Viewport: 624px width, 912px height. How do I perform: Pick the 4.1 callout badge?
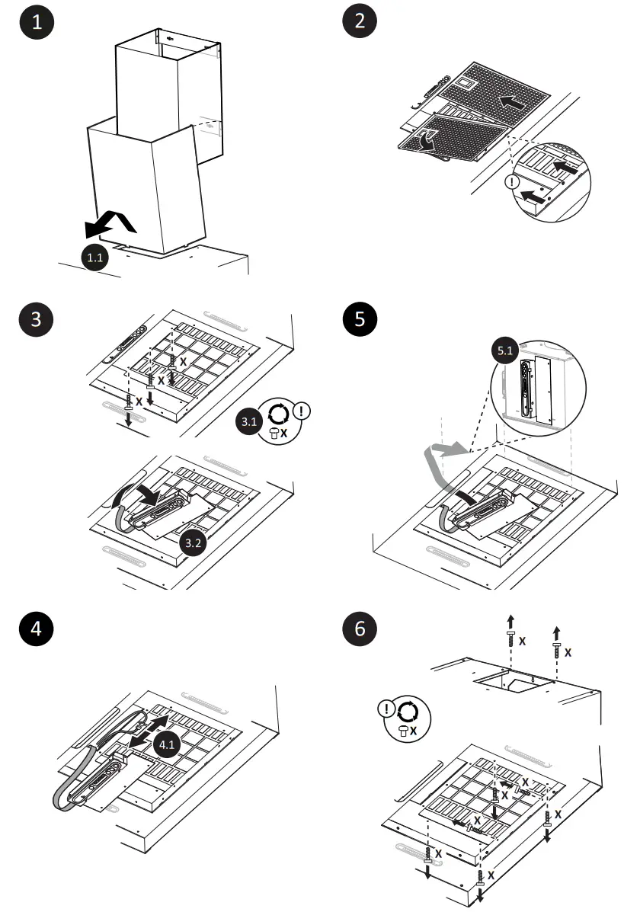pyautogui.click(x=166, y=743)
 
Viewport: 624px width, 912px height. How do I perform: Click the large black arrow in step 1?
pyautogui.click(x=110, y=223)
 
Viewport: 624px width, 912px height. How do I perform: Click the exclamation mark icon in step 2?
pyautogui.click(x=512, y=183)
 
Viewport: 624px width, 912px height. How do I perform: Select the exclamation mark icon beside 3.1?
pyautogui.click(x=302, y=411)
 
